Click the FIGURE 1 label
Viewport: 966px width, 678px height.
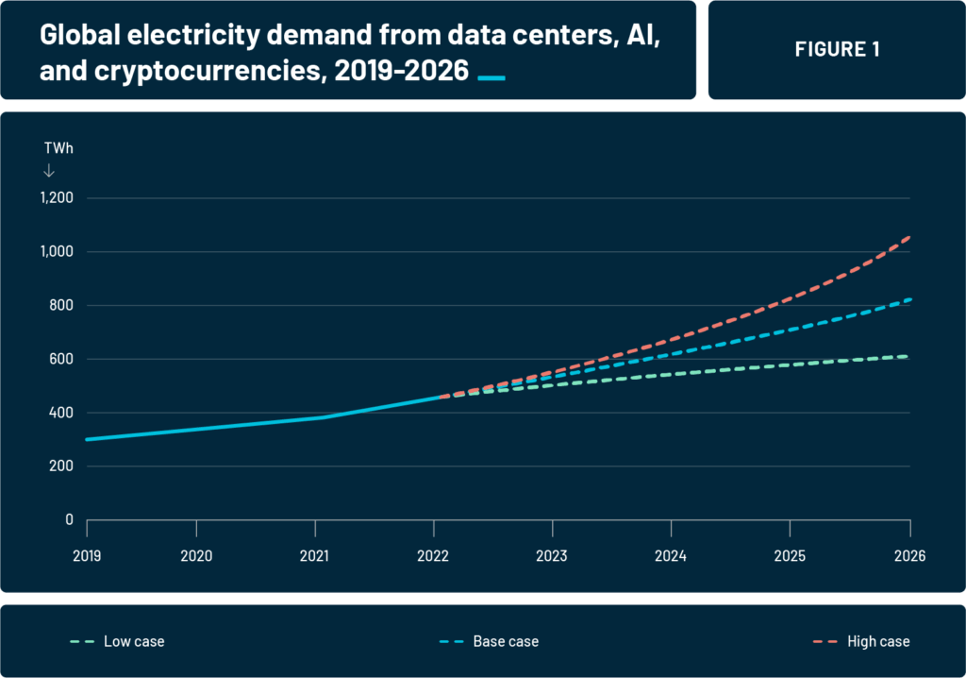point(837,50)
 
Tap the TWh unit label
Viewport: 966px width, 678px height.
point(58,148)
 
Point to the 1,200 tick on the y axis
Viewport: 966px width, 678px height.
point(56,198)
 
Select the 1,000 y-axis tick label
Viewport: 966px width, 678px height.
point(56,252)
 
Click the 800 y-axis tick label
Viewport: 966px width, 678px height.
point(61,306)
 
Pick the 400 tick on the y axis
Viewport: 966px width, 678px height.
point(61,413)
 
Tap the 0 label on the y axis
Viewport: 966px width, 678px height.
point(70,520)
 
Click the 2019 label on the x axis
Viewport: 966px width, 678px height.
point(87,556)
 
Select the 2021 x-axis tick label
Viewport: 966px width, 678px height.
point(314,556)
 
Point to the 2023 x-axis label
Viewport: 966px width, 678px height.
point(552,556)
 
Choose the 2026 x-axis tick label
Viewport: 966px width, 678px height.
point(909,556)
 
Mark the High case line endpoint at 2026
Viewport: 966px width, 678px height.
point(909,237)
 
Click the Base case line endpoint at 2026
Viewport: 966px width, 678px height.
point(909,299)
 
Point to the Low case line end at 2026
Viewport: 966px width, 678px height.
point(909,356)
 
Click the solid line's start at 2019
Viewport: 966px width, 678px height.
point(87,439)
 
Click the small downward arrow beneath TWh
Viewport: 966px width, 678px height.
point(49,171)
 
